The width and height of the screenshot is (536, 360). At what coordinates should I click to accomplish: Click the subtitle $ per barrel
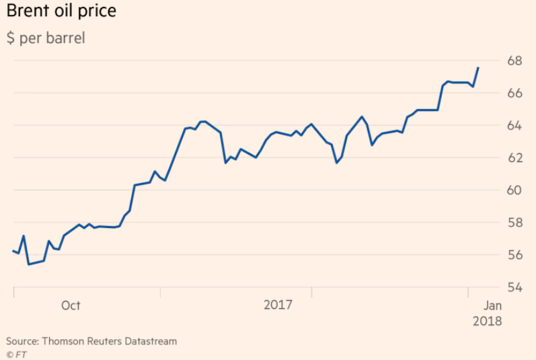coord(46,38)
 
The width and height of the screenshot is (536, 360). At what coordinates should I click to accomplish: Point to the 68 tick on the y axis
coord(514,61)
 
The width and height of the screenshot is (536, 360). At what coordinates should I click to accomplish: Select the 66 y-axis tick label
coord(514,93)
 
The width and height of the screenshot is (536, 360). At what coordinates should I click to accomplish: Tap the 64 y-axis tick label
coord(514,125)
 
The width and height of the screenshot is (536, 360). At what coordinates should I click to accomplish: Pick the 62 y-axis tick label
coord(514,157)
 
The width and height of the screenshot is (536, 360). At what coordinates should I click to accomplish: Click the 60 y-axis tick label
coord(514,190)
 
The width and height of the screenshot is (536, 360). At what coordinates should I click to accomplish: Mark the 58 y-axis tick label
coord(514,222)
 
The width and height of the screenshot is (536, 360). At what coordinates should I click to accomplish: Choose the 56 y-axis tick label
coord(514,254)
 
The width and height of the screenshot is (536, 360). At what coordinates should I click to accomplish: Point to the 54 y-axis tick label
coord(514,287)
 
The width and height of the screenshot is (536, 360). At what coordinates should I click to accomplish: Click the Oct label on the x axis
coord(71,305)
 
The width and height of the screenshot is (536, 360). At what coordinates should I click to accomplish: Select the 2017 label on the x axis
coord(278,305)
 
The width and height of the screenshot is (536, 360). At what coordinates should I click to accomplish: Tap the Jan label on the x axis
coord(492,305)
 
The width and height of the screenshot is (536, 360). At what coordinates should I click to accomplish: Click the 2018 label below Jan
coord(488,321)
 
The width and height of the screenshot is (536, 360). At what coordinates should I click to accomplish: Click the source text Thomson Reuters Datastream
coord(91,341)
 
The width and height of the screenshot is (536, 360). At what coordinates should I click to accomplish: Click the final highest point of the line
coord(477,67)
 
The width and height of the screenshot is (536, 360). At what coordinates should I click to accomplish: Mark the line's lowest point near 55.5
coord(29,264)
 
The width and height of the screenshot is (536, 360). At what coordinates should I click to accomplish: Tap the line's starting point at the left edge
coord(13,251)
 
